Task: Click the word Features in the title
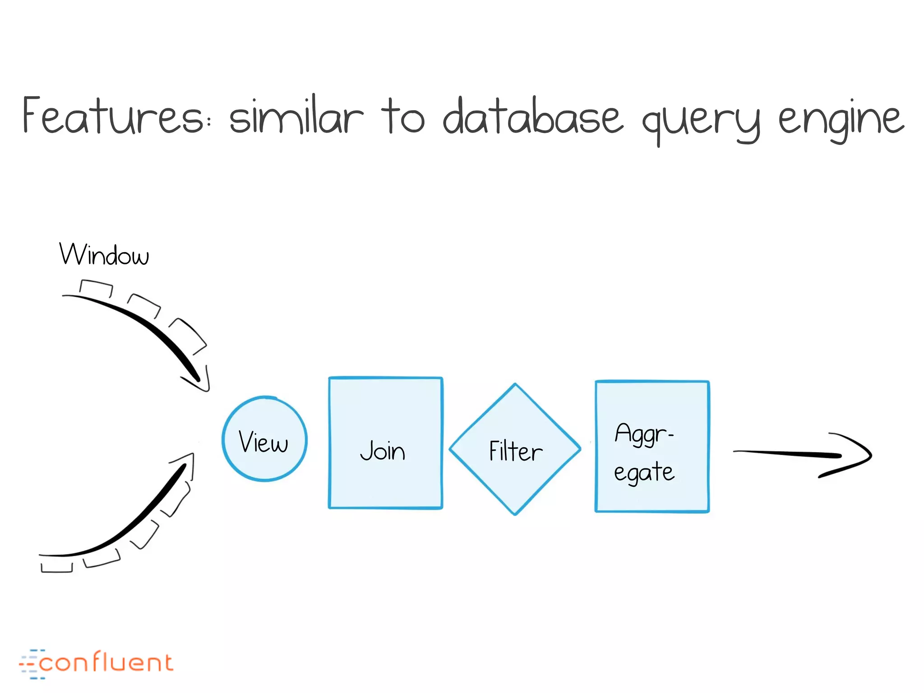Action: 113,116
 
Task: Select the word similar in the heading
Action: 296,116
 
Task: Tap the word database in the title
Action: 532,116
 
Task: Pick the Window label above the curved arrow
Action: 104,255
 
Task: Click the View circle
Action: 264,439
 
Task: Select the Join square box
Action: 385,443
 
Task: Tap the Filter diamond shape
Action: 515,449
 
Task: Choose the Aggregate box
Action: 652,447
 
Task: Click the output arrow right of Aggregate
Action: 803,454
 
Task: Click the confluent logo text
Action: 106,663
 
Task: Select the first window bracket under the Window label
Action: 96,288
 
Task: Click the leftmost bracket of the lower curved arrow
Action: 56,568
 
